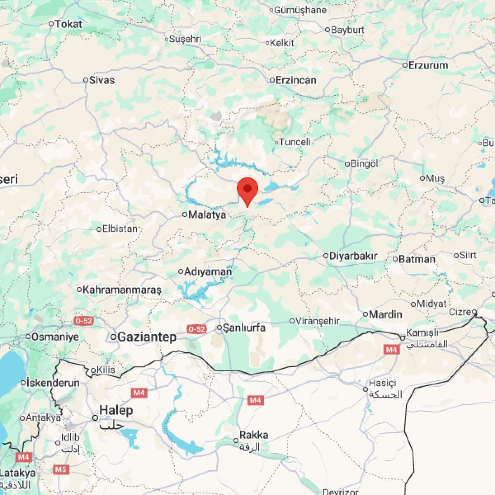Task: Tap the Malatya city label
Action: tap(207, 214)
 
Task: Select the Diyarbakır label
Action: tap(353, 256)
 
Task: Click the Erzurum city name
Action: tap(428, 65)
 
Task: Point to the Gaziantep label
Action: tap(147, 337)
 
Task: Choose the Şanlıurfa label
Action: tap(244, 328)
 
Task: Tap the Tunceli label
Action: tap(295, 142)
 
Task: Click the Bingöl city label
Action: tap(364, 163)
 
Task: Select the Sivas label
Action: tap(102, 80)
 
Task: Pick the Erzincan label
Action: tap(296, 80)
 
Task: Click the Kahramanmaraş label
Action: tap(122, 290)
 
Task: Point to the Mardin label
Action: tap(385, 314)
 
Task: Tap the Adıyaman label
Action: tap(208, 271)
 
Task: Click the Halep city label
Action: tap(116, 410)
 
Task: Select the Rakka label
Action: tap(254, 435)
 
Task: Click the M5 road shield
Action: tap(61, 469)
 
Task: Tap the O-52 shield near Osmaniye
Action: tap(83, 321)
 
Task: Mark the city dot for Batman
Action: tap(395, 259)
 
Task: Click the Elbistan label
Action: tap(120, 229)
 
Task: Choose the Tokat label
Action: tap(68, 24)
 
